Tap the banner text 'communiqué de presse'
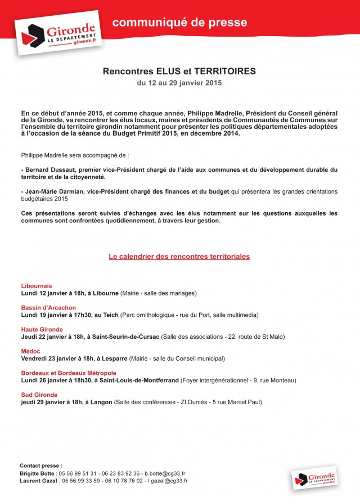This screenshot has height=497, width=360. [179, 23]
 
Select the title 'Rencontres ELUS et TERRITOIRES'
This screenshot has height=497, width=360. [179, 71]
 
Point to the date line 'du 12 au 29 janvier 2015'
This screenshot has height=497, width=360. [179, 83]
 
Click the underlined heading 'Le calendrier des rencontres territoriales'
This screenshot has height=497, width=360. [179, 257]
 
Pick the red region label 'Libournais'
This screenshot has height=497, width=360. [36, 286]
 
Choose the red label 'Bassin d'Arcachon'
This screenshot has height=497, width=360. [48, 308]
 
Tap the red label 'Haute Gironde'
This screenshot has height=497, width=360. [42, 329]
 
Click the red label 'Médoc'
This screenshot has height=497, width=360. [31, 351]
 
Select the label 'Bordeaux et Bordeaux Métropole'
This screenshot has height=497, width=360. [69, 373]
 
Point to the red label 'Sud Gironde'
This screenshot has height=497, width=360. [39, 395]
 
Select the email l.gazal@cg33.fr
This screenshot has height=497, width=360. [168, 481]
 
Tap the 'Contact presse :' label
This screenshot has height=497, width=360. [40, 466]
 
